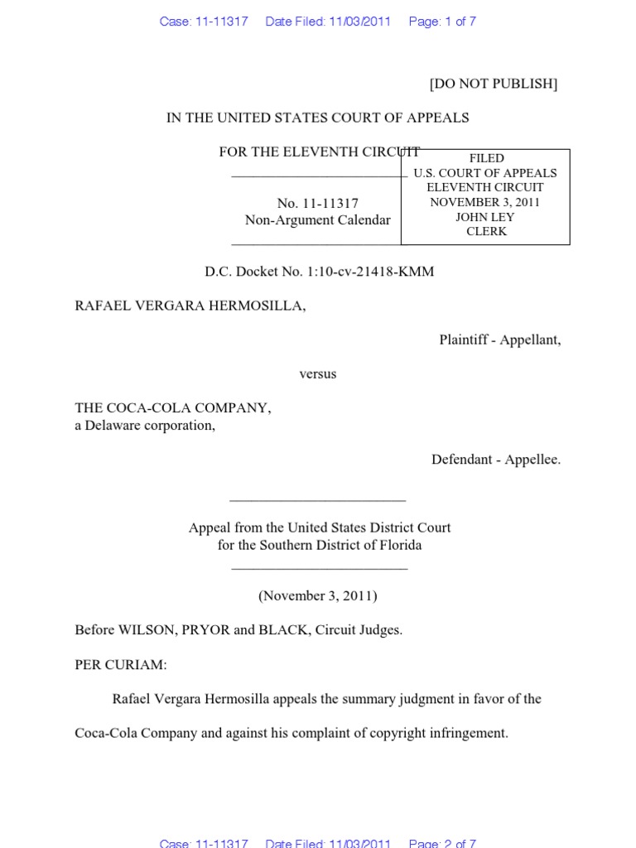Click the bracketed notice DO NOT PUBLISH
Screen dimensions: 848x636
pos(493,84)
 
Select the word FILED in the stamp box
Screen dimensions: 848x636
pos(486,158)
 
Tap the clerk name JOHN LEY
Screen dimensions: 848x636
pos(486,217)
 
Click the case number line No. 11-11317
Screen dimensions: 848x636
pos(317,204)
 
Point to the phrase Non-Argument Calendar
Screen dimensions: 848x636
pos(317,220)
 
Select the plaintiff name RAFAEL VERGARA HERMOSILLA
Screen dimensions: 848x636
pos(190,306)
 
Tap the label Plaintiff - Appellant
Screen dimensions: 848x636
pos(499,340)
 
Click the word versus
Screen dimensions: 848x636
pos(317,373)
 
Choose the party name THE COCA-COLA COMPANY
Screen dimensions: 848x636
pos(172,408)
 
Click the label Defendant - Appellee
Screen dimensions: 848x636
pos(495,460)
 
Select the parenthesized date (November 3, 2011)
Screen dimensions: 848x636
pos(317,595)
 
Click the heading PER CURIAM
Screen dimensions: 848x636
pos(120,665)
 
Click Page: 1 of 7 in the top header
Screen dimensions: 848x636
pos(442,22)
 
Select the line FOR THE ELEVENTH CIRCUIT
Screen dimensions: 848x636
pos(319,152)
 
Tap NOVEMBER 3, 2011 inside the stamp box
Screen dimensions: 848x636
pos(485,202)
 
